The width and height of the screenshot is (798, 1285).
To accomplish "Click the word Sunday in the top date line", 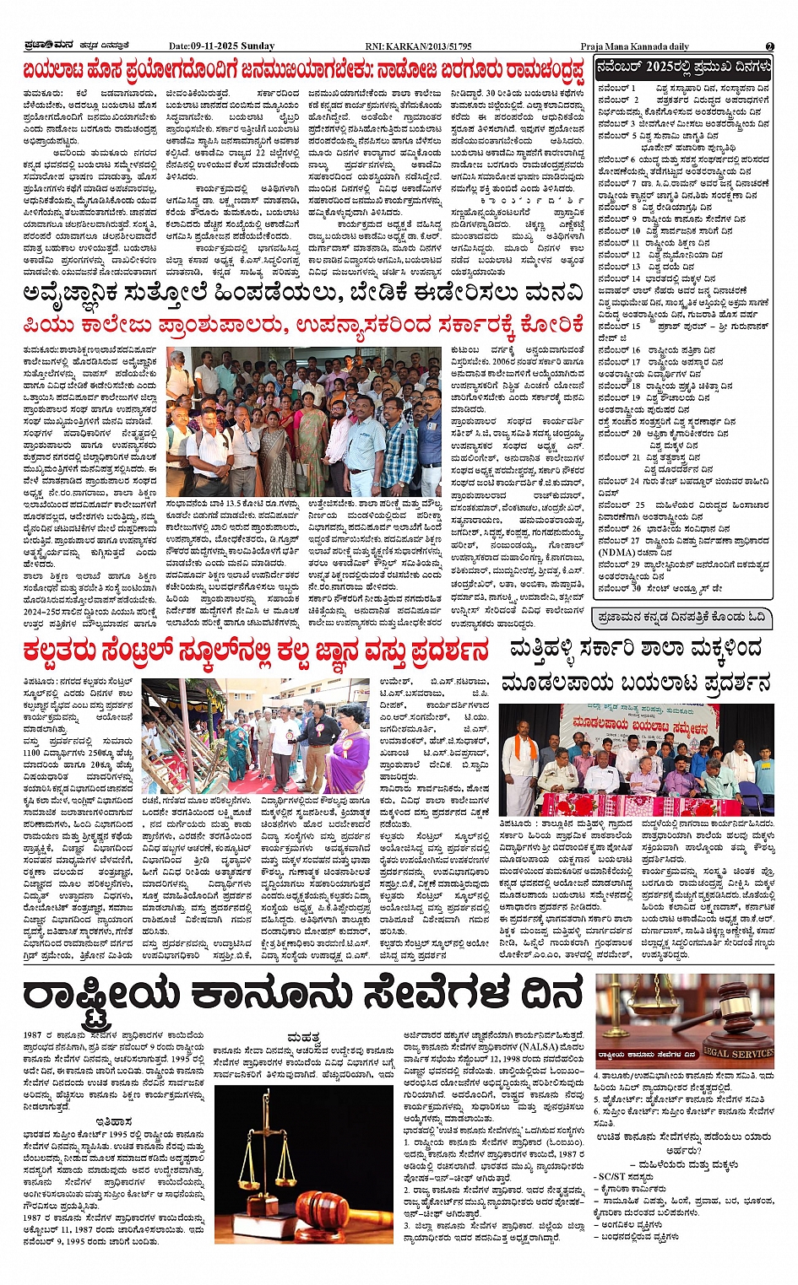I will (x=258, y=46).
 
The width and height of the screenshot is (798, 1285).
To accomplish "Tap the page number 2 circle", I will (x=769, y=46).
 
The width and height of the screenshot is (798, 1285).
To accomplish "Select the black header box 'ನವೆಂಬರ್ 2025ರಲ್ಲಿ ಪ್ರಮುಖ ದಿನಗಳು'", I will (x=683, y=67).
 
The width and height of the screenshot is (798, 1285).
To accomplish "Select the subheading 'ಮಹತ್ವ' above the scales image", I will (x=302, y=1037).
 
